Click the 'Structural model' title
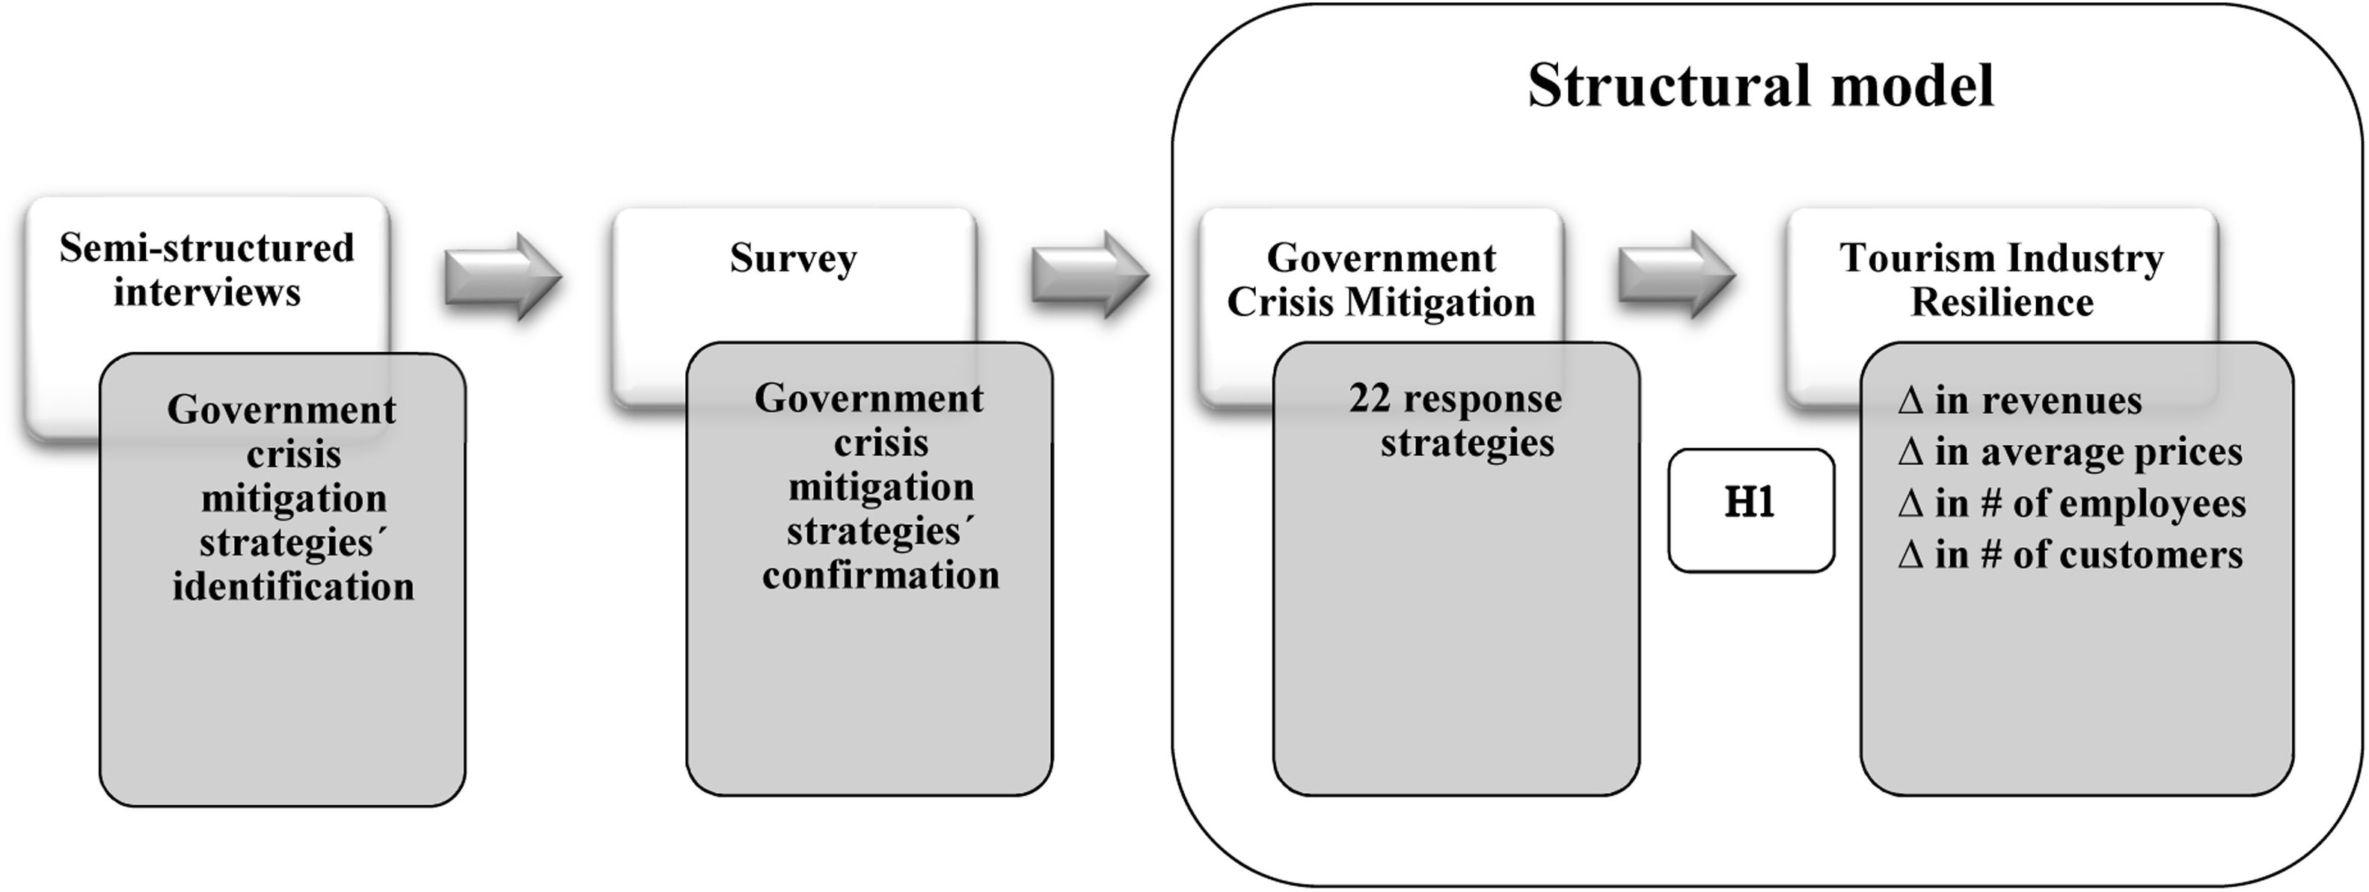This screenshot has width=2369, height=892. coord(1760,87)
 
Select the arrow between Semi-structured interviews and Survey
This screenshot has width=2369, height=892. coord(502,276)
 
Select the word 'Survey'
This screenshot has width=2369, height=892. coord(793,259)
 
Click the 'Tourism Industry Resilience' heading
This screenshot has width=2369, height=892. coord(2001,280)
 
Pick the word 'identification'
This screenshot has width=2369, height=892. coord(293,587)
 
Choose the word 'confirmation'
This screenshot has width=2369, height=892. coord(880,576)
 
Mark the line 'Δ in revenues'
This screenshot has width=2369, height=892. coord(2020,401)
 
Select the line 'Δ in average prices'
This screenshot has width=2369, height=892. coord(2069,452)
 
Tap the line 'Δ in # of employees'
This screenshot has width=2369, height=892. coord(2071,504)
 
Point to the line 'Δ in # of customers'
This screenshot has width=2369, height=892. coord(2069,556)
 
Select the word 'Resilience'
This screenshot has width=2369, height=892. coord(2001,303)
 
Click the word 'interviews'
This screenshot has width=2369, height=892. coord(207,293)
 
